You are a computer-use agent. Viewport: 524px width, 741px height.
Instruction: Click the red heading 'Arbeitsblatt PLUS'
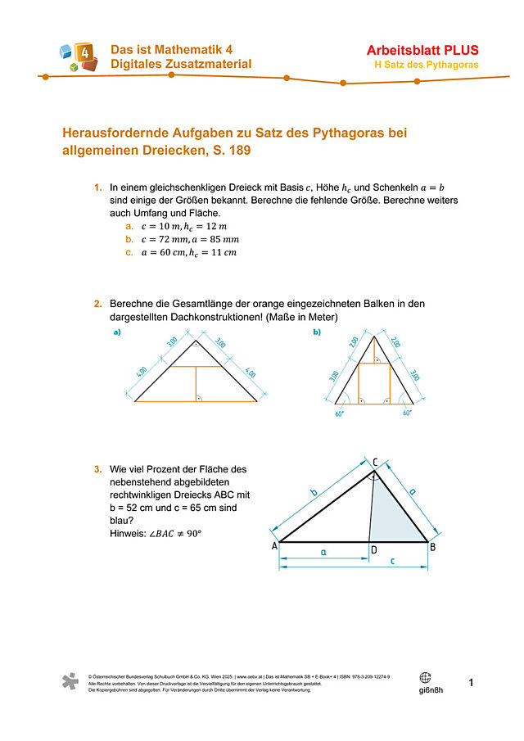tap(422, 50)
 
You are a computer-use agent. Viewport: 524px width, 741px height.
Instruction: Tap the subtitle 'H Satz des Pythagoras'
tap(427, 65)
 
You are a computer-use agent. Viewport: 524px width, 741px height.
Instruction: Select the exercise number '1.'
tap(98, 188)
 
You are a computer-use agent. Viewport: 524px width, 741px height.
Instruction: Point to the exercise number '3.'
tap(98, 469)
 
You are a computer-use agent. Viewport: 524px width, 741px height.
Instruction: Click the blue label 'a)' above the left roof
tap(116, 332)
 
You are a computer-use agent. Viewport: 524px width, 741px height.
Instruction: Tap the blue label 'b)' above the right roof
tap(317, 332)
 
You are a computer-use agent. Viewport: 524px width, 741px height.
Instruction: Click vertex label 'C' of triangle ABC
tap(375, 463)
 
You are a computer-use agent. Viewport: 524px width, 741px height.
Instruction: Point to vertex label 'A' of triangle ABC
tap(273, 546)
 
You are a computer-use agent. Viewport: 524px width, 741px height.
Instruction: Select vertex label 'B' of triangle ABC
tap(432, 546)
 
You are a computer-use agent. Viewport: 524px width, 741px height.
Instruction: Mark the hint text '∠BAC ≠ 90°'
tap(174, 534)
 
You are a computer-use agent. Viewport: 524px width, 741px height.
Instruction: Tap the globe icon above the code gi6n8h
tap(425, 677)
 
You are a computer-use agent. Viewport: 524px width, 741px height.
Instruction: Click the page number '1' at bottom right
tap(472, 682)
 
